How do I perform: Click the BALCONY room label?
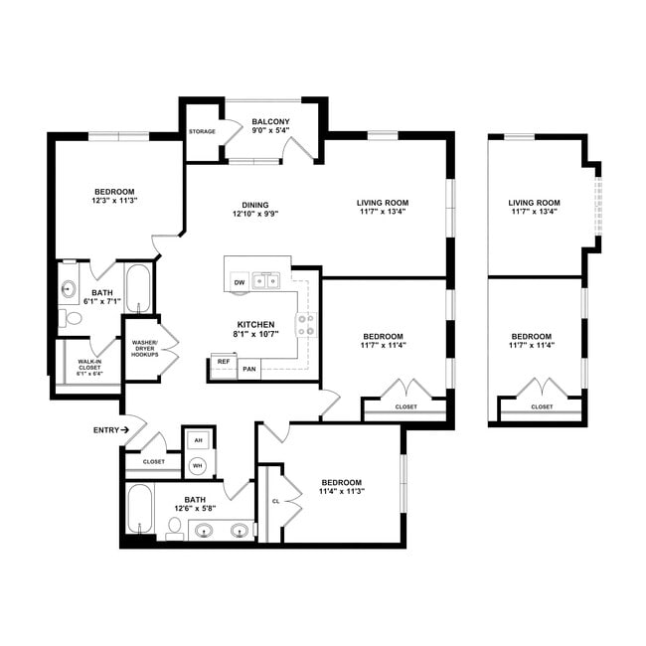(x=270, y=118)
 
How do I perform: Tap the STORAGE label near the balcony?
(x=202, y=132)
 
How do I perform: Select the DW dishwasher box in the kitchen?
(x=239, y=283)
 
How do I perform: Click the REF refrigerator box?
(x=224, y=363)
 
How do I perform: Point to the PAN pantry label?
(x=250, y=369)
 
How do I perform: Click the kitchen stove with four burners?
(x=306, y=323)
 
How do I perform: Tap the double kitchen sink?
(x=265, y=281)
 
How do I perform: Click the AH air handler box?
(x=198, y=440)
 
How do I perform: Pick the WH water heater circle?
(x=198, y=464)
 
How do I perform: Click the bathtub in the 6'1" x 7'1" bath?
(x=137, y=288)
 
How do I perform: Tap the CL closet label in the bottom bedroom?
(x=275, y=501)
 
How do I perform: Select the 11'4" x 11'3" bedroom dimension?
(x=341, y=492)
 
